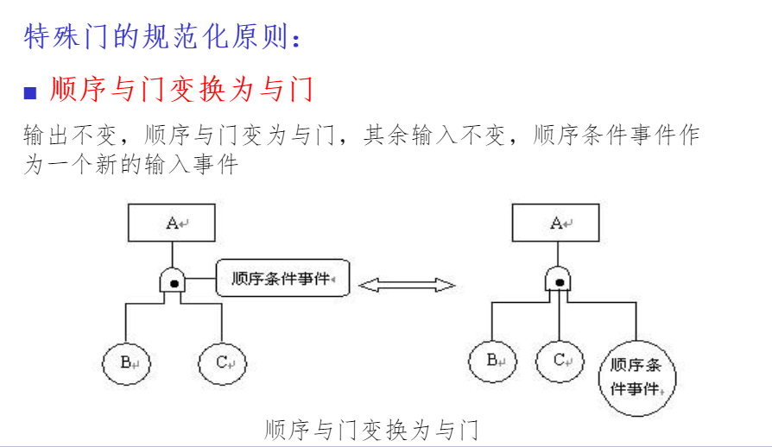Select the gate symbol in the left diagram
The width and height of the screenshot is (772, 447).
[x=174, y=280]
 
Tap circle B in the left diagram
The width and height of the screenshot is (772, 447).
[x=127, y=363]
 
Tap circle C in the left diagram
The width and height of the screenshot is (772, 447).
[x=223, y=363]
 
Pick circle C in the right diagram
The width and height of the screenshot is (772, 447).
[x=560, y=360]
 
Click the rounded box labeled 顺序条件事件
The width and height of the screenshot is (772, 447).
[x=283, y=278]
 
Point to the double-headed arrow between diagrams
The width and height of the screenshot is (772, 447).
[x=407, y=284]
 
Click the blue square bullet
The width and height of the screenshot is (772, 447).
[x=31, y=91]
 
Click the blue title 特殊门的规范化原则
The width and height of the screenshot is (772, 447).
[x=164, y=37]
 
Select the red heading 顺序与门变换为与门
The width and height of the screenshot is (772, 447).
[x=181, y=89]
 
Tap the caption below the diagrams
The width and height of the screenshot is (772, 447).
[x=371, y=429]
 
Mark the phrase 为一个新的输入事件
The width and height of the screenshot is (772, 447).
[x=130, y=164]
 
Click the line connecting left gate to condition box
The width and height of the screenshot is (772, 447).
[x=201, y=278]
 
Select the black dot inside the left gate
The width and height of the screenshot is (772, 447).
[x=174, y=281]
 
